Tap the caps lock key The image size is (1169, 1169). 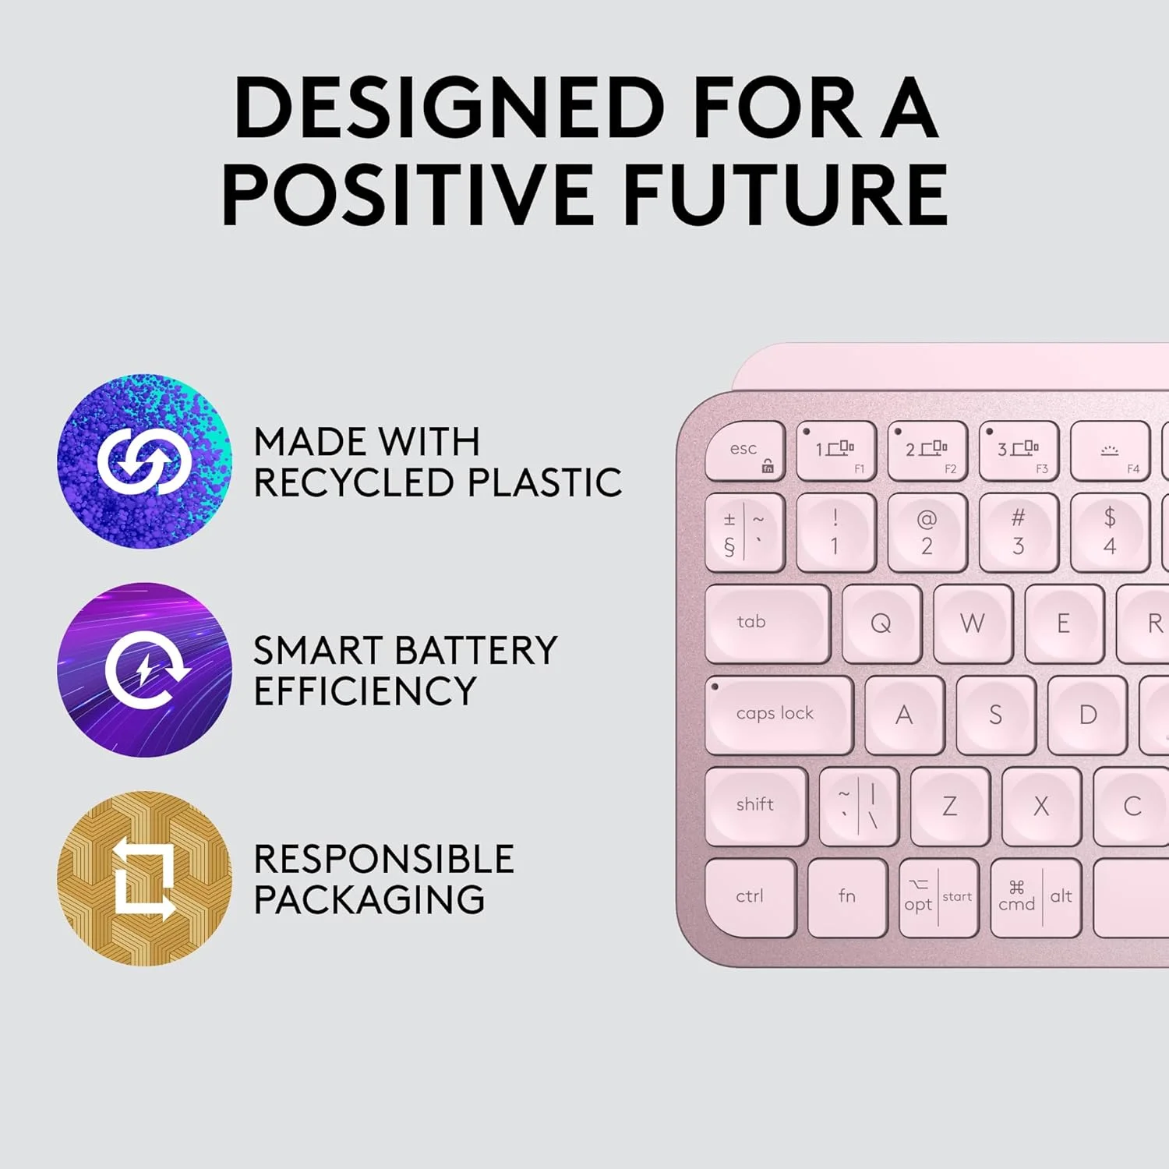point(779,715)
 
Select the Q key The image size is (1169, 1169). point(881,623)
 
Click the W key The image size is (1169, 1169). point(973,623)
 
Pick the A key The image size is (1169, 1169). point(905,715)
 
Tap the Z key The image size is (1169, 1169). point(950,806)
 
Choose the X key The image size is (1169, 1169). point(1042,806)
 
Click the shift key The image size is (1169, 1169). point(756,806)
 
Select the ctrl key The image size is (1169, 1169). point(750,897)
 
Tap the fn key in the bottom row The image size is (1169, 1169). point(848,897)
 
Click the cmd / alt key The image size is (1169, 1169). point(1036,897)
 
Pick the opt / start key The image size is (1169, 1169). point(938,897)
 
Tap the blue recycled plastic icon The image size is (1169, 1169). point(144,461)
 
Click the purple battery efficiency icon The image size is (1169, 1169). point(144,669)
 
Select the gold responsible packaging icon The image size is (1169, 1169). point(144,879)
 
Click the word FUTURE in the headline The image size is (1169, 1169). point(786,194)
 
